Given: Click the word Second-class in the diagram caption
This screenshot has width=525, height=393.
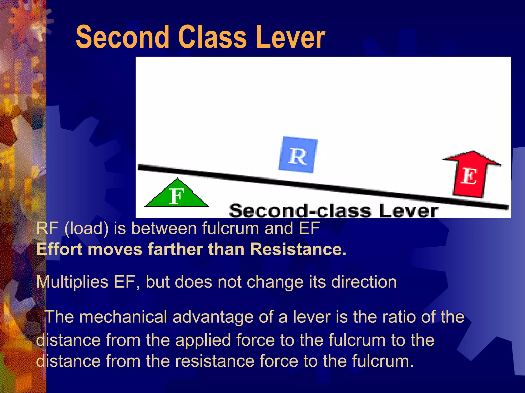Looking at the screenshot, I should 300,211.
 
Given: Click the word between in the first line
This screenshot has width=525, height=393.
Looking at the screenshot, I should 164,228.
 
